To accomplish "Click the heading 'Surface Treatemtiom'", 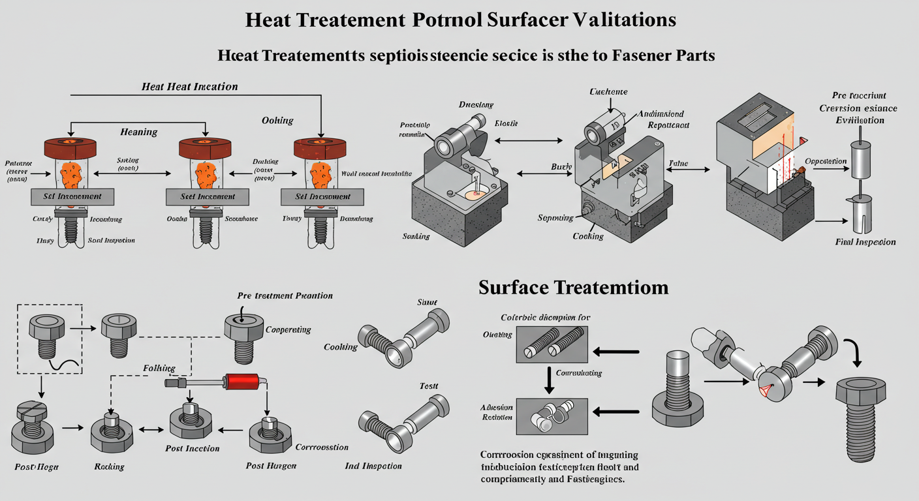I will (x=573, y=288).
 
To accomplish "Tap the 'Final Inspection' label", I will (x=865, y=242).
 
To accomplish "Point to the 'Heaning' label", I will (x=138, y=132).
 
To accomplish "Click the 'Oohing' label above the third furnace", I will (x=277, y=121).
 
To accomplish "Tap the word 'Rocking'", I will (x=109, y=466).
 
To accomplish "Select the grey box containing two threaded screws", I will (x=552, y=344).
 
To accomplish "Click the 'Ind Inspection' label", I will (x=373, y=466).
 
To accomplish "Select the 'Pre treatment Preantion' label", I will (x=285, y=296).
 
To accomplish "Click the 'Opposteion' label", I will (x=826, y=161).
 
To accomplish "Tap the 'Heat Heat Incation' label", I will (x=189, y=86).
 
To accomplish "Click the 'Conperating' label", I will (x=288, y=329).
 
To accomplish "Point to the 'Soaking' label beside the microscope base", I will (x=416, y=236).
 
